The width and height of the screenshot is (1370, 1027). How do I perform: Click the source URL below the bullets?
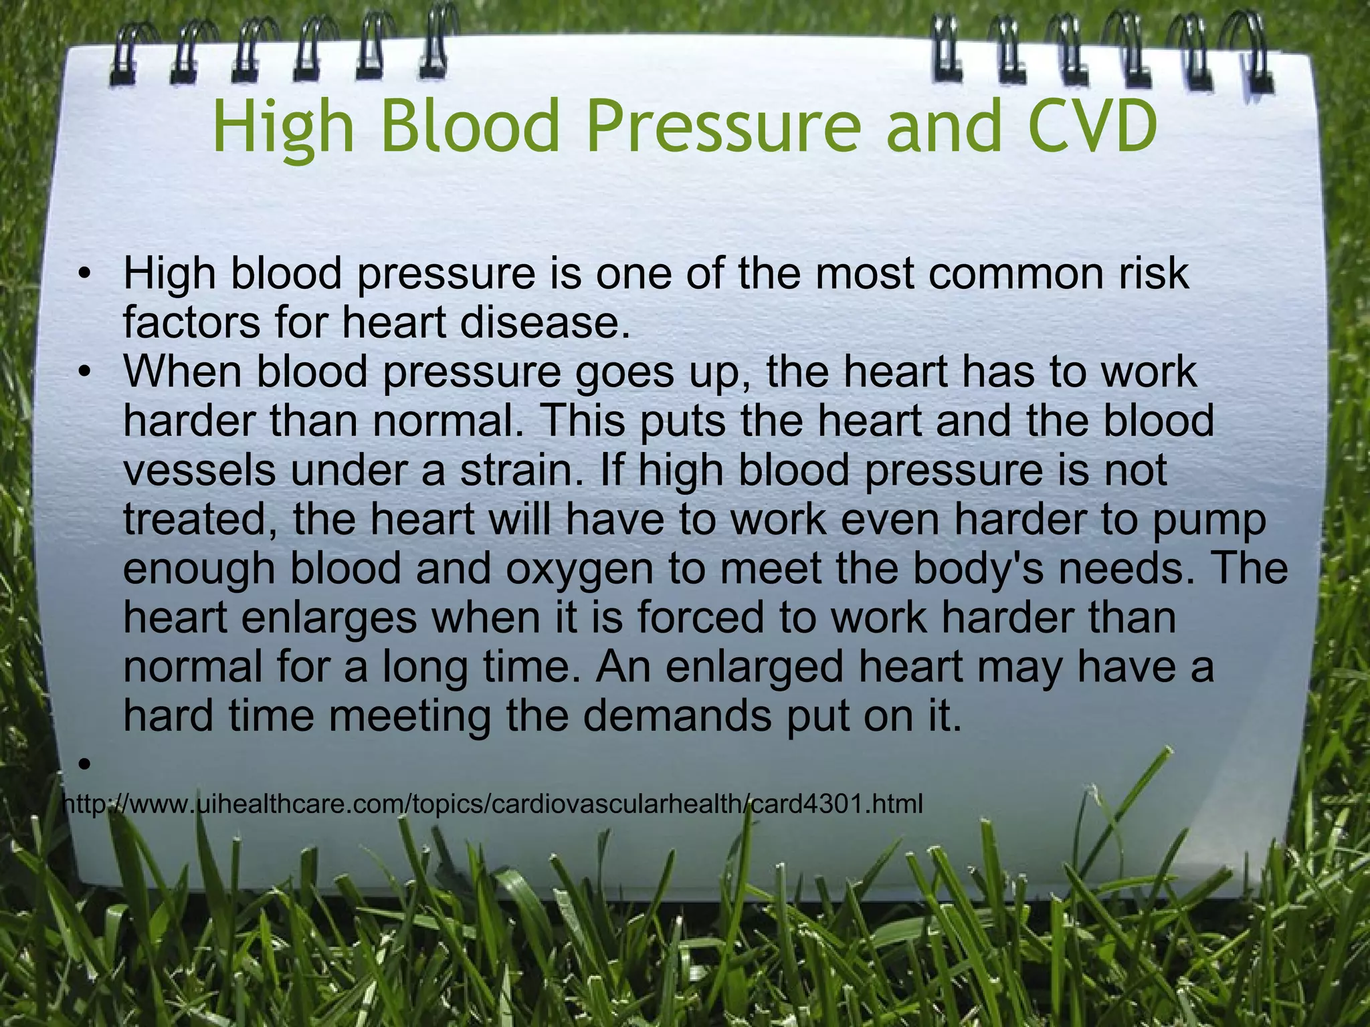click(x=492, y=804)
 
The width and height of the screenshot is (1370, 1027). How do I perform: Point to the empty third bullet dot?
click(x=83, y=764)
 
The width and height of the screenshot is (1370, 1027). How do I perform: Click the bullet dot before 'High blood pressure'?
click(x=83, y=275)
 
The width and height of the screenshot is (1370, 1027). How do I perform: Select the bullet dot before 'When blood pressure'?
click(x=83, y=373)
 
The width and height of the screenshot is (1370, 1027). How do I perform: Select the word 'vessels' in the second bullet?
click(x=199, y=470)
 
